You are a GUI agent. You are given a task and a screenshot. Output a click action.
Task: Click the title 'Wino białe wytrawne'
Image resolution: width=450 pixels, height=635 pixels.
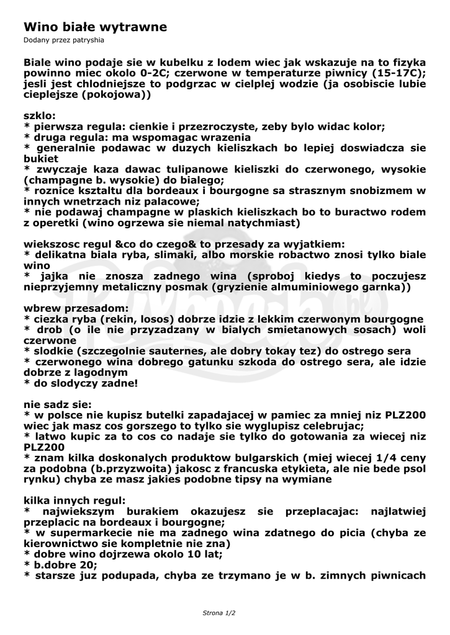[96, 27]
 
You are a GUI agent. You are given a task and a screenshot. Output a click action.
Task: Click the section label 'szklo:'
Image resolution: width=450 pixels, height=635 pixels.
[40, 115]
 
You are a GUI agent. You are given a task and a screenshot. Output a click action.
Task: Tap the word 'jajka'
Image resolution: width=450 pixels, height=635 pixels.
[56, 275]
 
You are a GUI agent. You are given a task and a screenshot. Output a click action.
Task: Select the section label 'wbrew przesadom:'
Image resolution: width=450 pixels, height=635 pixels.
[77, 308]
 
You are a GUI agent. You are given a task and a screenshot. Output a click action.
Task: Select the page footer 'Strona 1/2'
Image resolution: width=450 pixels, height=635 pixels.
[219, 613]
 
